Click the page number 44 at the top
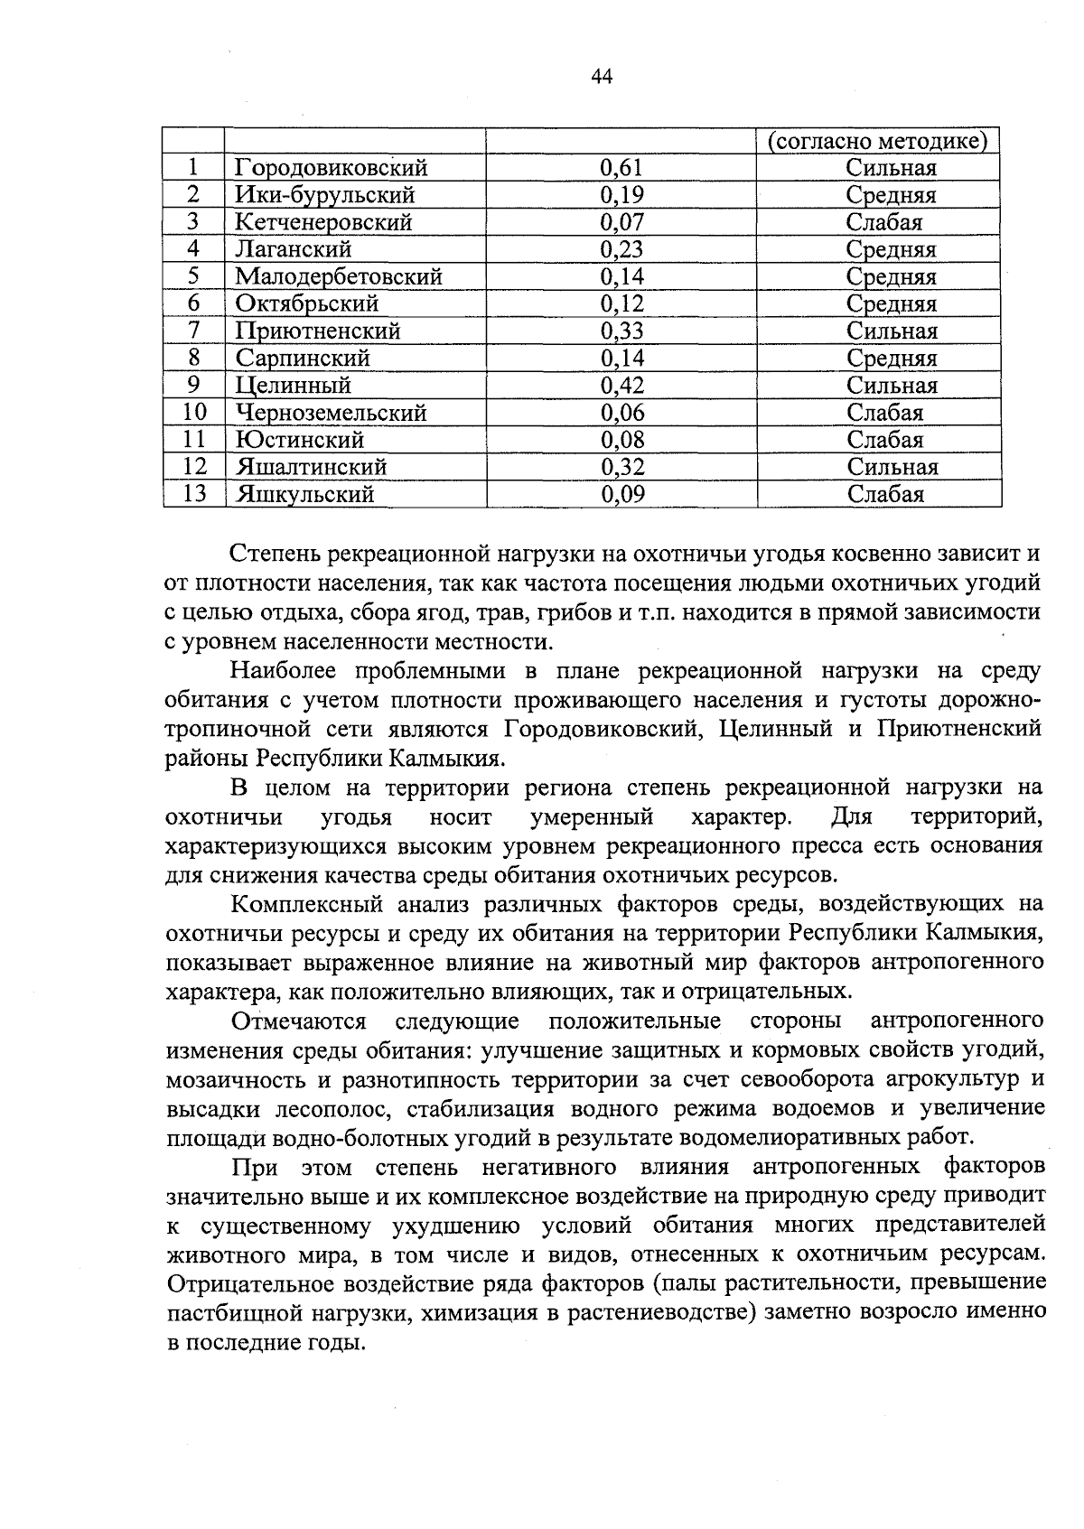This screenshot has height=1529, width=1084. [602, 77]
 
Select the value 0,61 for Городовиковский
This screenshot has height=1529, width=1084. [621, 168]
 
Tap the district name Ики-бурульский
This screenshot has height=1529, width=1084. [324, 195]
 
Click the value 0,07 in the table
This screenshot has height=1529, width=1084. [621, 222]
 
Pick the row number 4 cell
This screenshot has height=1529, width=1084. [193, 248]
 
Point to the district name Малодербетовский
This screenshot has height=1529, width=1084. [339, 276]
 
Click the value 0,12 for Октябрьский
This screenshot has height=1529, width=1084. [621, 303]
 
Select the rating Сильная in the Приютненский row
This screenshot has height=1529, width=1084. [891, 331]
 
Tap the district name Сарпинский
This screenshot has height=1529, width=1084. [303, 359]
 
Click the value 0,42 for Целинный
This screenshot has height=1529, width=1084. [621, 386]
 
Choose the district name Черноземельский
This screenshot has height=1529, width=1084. [331, 413]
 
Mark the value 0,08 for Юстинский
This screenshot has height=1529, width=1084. [621, 440]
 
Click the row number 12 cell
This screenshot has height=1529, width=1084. [194, 467]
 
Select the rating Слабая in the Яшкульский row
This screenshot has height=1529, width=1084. [884, 494]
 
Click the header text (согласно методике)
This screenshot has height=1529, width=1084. [876, 142]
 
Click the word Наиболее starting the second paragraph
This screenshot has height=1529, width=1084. [283, 671]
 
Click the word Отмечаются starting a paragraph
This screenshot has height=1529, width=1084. [298, 1021]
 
